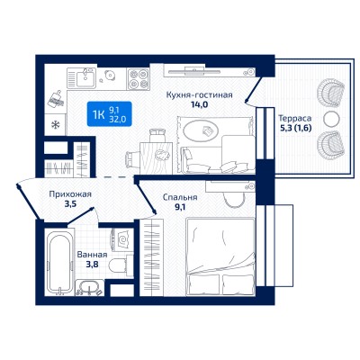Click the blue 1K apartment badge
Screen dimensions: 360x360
(x=109, y=113)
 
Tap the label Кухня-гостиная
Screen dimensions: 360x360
(x=200, y=95)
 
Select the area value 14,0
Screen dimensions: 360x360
(x=200, y=104)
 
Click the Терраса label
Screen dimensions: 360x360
(x=295, y=118)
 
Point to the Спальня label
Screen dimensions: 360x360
(x=180, y=197)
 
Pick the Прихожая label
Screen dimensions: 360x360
(x=70, y=194)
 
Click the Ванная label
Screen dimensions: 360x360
(x=92, y=255)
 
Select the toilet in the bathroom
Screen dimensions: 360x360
(x=119, y=265)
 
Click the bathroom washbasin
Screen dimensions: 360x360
(x=90, y=287)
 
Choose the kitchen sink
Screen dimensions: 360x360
(x=85, y=78)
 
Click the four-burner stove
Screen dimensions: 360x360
(x=139, y=79)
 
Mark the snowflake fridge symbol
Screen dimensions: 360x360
(x=55, y=124)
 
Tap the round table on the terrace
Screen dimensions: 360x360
(x=330, y=119)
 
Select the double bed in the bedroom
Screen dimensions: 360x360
(x=220, y=257)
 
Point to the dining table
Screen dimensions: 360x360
(x=156, y=158)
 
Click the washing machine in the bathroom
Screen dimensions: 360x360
(x=122, y=239)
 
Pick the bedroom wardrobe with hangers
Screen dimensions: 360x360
(x=151, y=257)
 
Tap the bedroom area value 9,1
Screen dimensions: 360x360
(x=180, y=207)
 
